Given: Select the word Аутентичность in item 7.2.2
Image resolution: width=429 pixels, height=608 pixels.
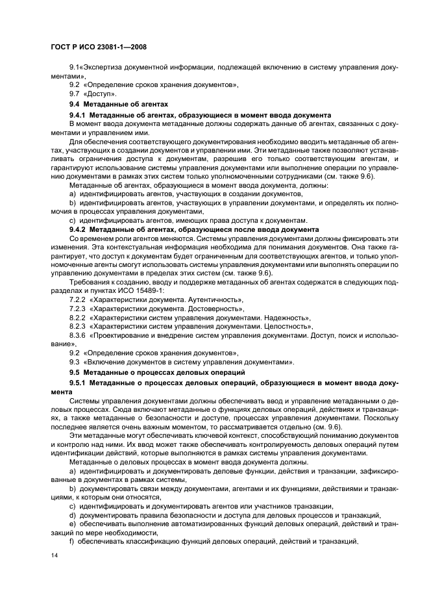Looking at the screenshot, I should click(214, 300).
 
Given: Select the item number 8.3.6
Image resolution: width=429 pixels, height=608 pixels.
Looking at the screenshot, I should click(78, 335).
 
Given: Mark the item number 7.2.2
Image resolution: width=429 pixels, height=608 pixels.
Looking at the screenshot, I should click(78, 300).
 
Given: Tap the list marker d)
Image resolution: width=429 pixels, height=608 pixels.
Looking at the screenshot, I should click(73, 514).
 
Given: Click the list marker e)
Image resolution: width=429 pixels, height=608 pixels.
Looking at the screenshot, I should click(73, 524).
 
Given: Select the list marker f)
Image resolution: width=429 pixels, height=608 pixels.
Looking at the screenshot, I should click(72, 541).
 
